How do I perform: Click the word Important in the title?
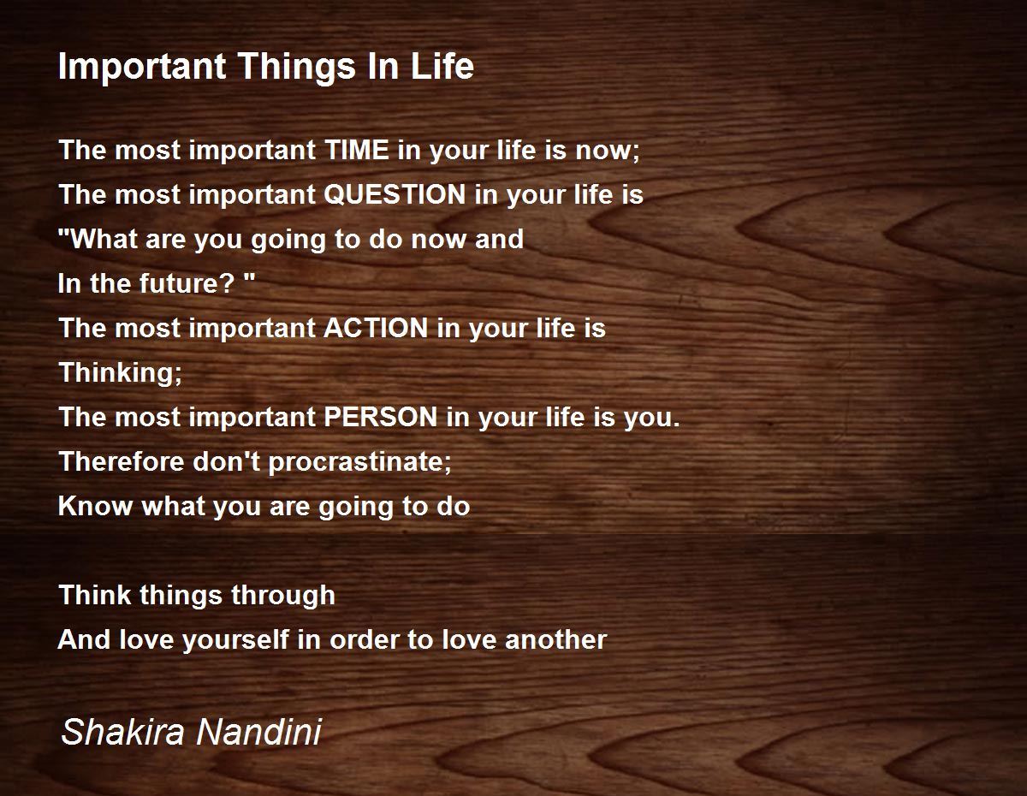[x=142, y=68]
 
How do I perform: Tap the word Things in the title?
[x=298, y=67]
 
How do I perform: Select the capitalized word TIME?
[x=357, y=150]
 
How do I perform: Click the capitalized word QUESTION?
[x=395, y=194]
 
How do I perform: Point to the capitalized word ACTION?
[x=377, y=328]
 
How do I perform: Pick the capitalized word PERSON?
[x=381, y=417]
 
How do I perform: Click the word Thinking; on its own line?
[x=121, y=373]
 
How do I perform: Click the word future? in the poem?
[x=187, y=283]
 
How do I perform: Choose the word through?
[x=283, y=596]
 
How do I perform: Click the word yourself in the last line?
[x=236, y=640]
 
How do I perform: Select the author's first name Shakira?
[x=122, y=732]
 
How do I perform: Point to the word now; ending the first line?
[x=608, y=151]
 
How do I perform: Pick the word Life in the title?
[x=442, y=67]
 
